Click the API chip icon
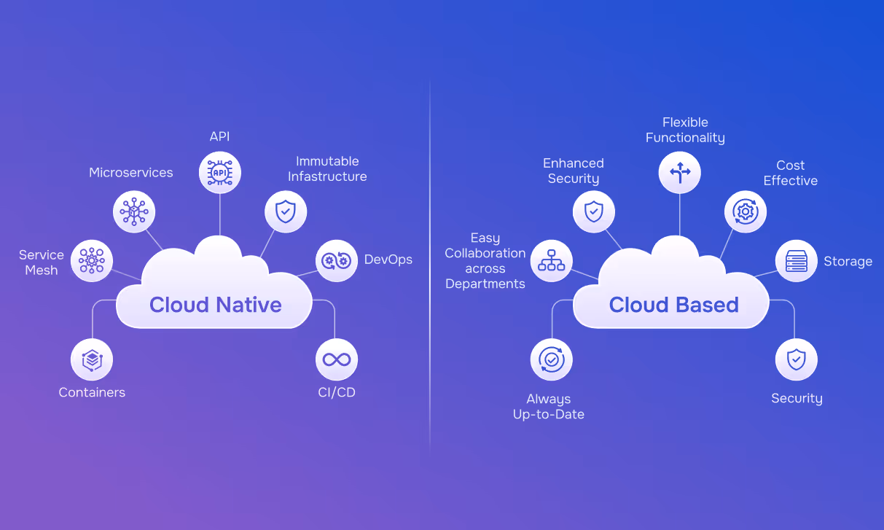220,173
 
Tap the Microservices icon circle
135,212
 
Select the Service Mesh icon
92,260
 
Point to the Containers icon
92,360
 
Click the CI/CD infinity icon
337,359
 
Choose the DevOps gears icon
337,260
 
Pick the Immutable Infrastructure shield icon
285,212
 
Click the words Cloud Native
216,305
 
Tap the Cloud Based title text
673,305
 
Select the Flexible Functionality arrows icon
680,173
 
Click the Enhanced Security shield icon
594,212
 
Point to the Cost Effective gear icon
745,212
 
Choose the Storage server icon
797,260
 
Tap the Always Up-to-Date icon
552,359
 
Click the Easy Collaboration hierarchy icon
552,260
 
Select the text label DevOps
388,260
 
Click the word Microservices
131,173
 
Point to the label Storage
848,261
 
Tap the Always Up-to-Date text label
549,407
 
